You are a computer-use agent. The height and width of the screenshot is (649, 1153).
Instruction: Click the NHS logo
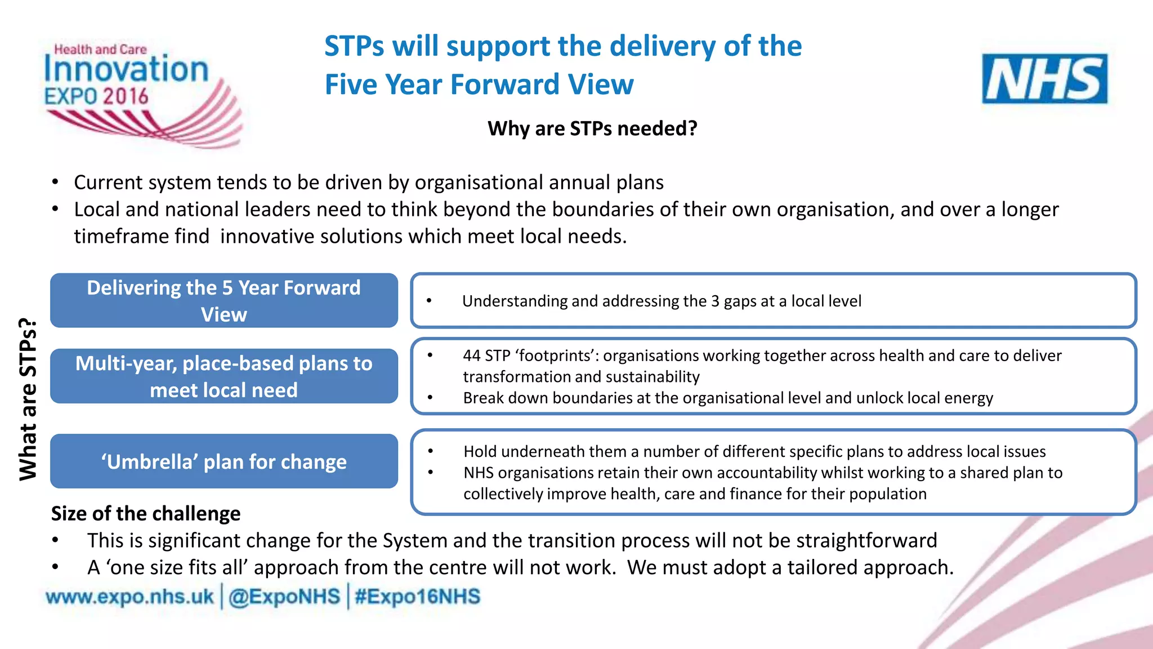pyautogui.click(x=1044, y=79)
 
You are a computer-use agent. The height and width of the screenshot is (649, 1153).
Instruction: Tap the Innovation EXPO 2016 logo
pyautogui.click(x=135, y=90)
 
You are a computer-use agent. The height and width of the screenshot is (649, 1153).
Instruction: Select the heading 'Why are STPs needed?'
pyautogui.click(x=592, y=128)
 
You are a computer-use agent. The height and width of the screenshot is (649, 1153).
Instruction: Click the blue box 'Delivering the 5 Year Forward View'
pyautogui.click(x=224, y=301)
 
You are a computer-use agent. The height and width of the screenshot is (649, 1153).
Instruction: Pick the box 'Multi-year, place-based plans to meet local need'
pyautogui.click(x=224, y=376)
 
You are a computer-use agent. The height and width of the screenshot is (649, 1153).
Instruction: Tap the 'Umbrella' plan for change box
pyautogui.click(x=224, y=461)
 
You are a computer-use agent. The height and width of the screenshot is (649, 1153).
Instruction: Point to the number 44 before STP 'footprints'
pyautogui.click(x=472, y=356)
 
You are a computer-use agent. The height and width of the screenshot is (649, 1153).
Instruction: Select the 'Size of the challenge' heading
pyautogui.click(x=146, y=514)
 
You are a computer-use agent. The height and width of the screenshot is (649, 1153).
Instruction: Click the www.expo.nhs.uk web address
pyautogui.click(x=130, y=597)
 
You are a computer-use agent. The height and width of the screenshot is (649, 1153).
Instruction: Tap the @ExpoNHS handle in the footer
pyautogui.click(x=284, y=597)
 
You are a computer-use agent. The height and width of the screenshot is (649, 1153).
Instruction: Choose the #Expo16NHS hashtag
pyautogui.click(x=417, y=597)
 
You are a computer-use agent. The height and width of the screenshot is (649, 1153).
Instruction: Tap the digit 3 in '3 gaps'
pyautogui.click(x=715, y=301)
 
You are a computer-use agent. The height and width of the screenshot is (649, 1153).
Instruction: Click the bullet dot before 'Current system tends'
pyautogui.click(x=55, y=183)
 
